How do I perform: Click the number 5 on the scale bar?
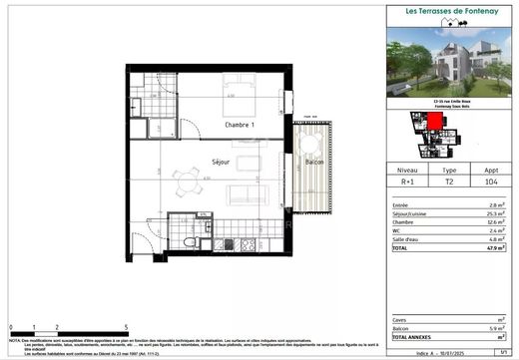(125, 327)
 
